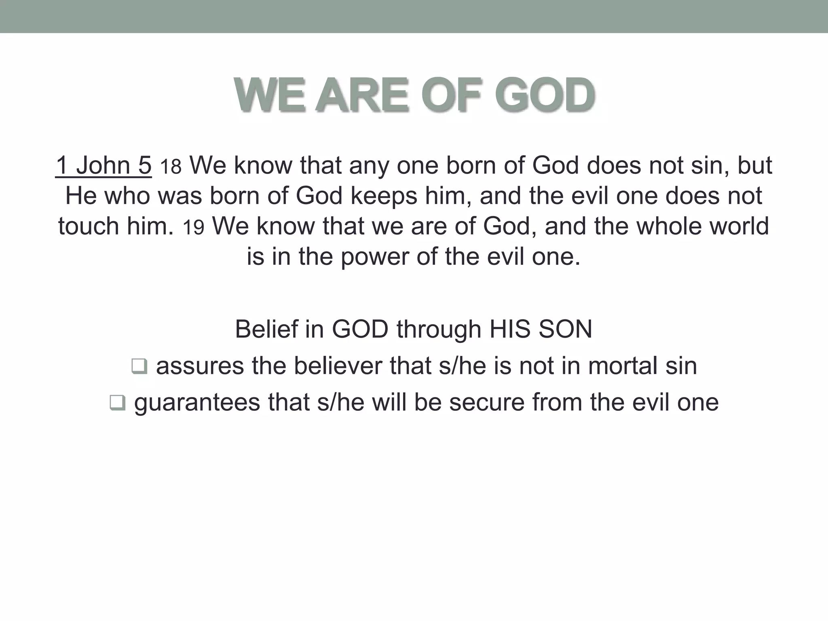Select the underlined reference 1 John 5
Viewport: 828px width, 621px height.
click(103, 165)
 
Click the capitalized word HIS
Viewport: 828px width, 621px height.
click(510, 329)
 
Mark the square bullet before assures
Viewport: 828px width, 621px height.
click(139, 367)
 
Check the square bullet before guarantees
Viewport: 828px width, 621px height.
click(118, 403)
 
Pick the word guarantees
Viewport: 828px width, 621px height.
click(197, 403)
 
